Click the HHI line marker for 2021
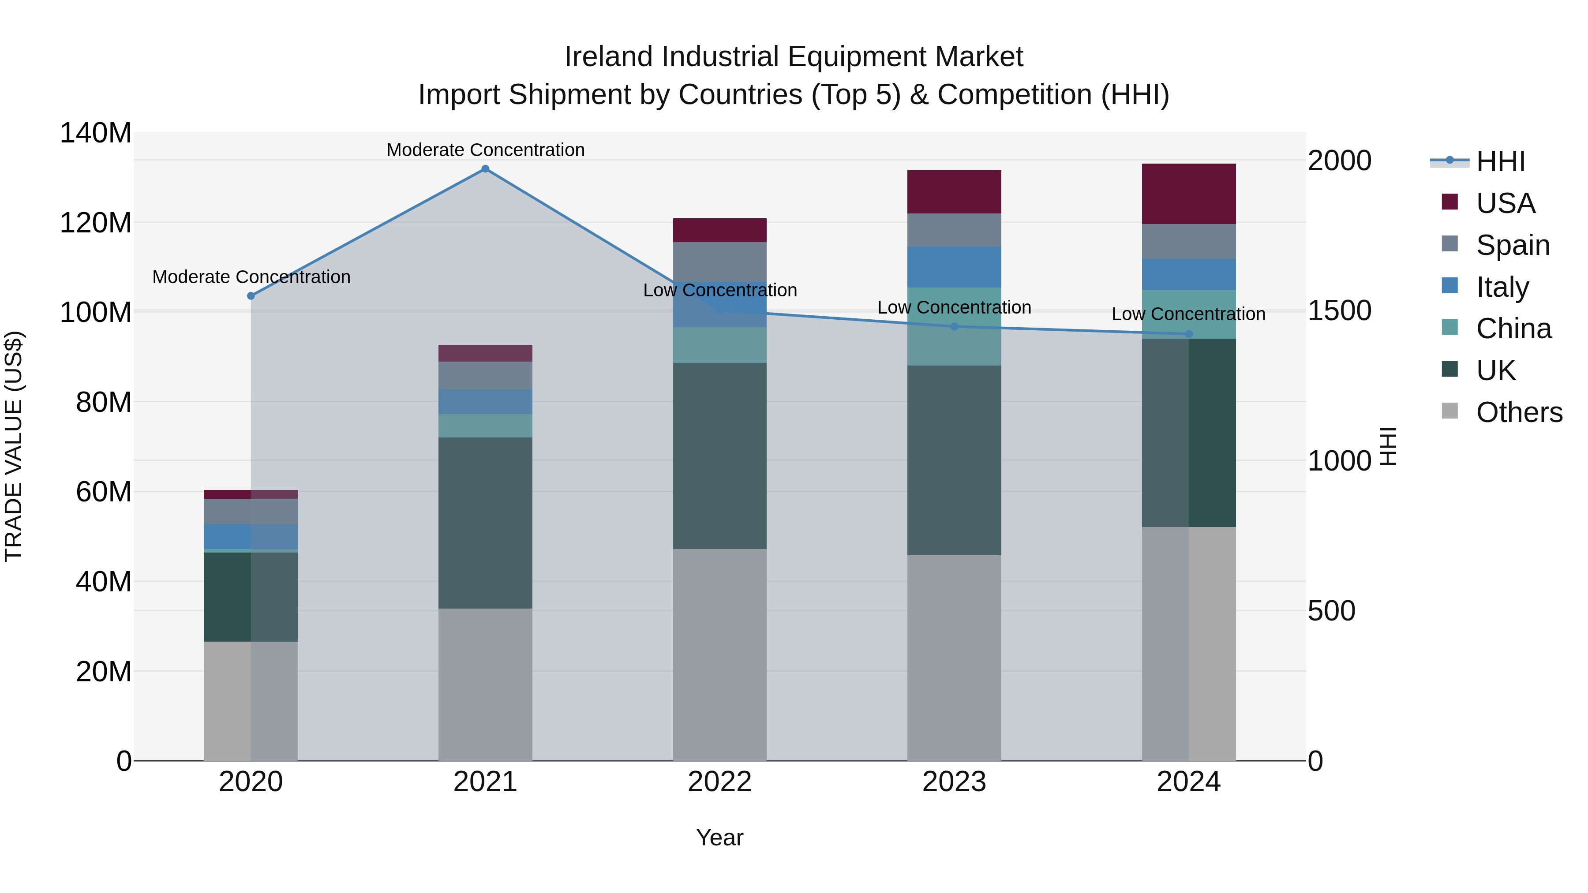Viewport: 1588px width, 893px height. coord(485,169)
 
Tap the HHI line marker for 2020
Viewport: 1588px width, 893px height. coord(251,296)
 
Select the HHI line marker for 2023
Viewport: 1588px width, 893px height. coord(954,327)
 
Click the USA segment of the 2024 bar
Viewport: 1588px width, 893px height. coord(1188,194)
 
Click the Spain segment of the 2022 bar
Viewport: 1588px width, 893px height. coord(719,262)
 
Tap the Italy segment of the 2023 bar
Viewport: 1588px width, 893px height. coord(954,267)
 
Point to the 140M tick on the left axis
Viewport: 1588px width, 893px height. coord(96,133)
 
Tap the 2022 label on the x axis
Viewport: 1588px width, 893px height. coord(719,782)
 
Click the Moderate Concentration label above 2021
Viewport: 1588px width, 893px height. coord(485,150)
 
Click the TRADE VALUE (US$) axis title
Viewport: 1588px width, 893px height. coord(14,446)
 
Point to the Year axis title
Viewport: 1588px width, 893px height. coord(719,837)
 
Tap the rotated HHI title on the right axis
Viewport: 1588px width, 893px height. coord(1387,446)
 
